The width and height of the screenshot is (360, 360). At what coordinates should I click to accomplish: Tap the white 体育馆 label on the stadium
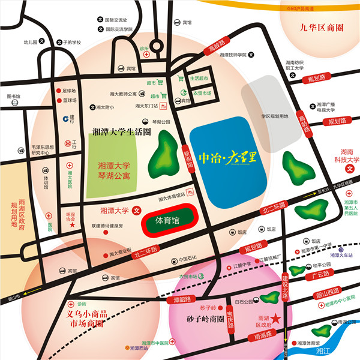[x=168, y=220]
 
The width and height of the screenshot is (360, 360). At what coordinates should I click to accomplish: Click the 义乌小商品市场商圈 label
[x=84, y=319]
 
